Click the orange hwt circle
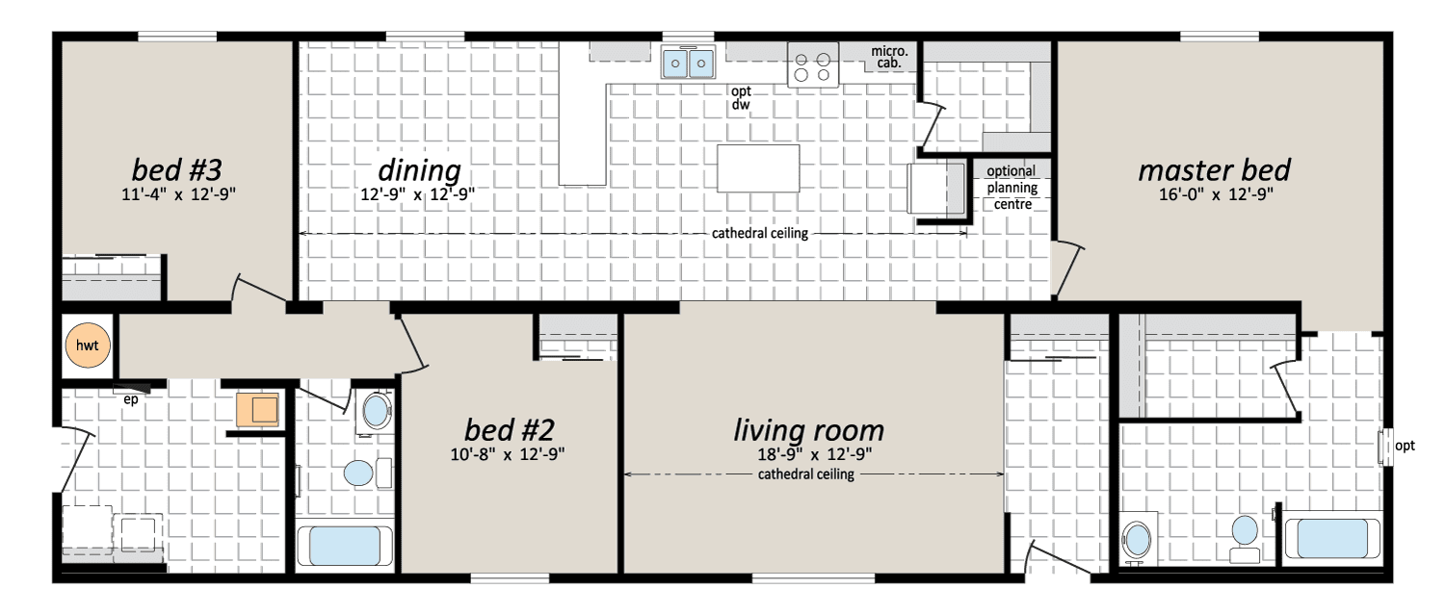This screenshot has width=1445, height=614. point(87,345)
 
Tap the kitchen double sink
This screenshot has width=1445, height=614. point(689,63)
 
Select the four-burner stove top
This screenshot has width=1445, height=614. point(813,65)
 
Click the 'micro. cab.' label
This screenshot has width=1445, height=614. point(889,57)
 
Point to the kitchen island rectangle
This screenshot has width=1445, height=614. point(758,168)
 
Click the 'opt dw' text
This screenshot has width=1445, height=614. point(741,98)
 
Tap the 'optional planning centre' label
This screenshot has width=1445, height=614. point(1011,188)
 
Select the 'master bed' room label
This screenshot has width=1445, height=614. point(1214,170)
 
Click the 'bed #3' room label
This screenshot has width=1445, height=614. point(176,170)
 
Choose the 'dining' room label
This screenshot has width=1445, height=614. point(419,170)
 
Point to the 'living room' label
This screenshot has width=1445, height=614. point(808,430)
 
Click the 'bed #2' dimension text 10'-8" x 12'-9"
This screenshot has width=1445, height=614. point(507,454)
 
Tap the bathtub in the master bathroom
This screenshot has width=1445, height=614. point(1332,538)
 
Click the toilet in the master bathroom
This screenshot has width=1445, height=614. point(1245,539)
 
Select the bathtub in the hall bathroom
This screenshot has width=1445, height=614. point(345,546)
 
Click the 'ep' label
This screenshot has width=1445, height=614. point(130,400)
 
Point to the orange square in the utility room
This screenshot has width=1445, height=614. point(257,409)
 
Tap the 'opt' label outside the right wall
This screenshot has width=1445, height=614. point(1405,446)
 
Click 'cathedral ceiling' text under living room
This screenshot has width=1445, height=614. point(805,474)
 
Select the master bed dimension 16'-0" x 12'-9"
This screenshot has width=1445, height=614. point(1216,194)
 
